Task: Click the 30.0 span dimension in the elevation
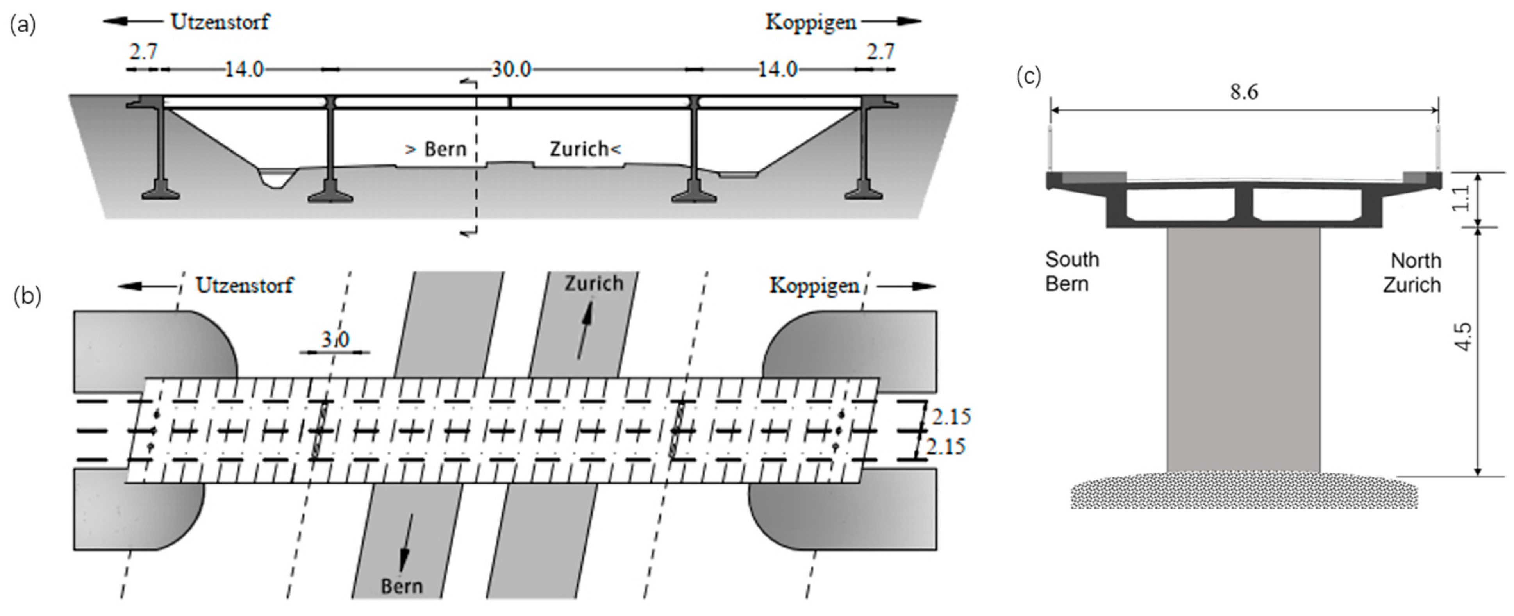511,70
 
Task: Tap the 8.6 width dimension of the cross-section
1244,92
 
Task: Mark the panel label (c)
1028,77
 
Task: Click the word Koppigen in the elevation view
811,22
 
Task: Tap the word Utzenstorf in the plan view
245,286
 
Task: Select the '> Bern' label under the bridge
436,149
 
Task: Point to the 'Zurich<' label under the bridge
585,149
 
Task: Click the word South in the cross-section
1072,259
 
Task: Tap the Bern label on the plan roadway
402,586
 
